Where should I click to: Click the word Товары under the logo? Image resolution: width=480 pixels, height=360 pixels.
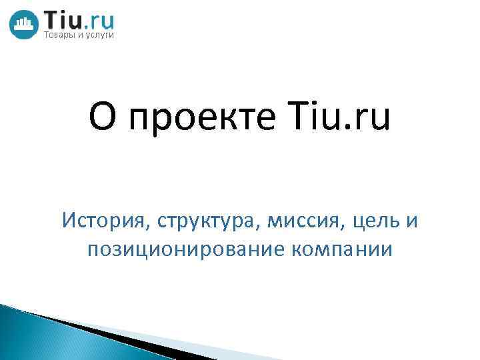(59, 35)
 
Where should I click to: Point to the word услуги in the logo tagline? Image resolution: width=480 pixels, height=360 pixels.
(100, 35)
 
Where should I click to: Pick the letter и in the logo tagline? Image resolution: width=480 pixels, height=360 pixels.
(81, 35)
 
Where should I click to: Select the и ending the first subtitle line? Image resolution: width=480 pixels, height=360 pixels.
(412, 219)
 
